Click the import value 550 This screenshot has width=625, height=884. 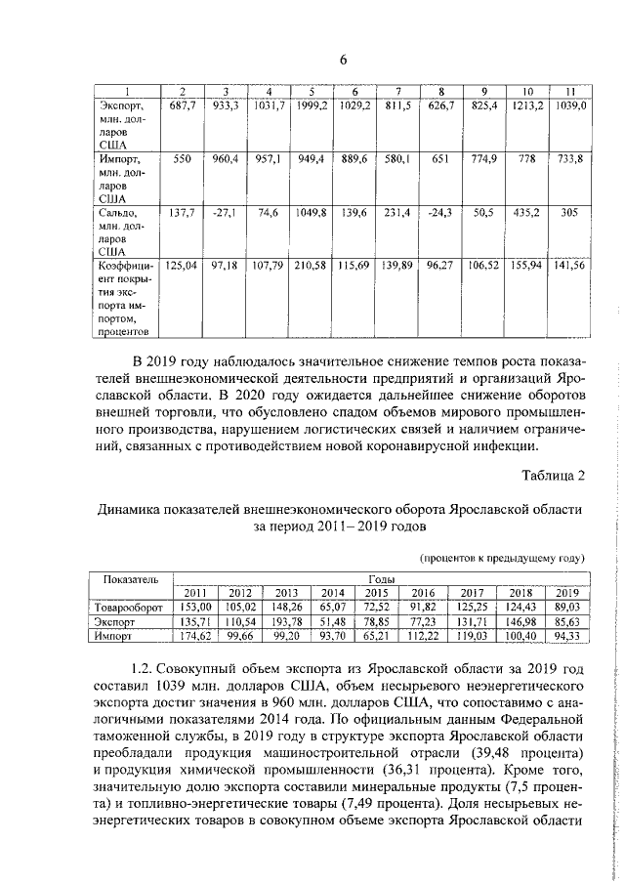(183, 158)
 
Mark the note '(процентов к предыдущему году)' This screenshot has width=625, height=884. (502, 558)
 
